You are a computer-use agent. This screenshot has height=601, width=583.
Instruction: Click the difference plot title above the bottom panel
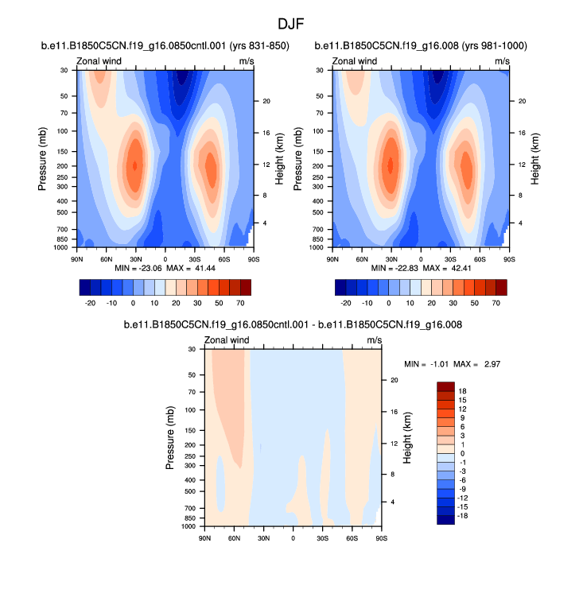click(x=292, y=325)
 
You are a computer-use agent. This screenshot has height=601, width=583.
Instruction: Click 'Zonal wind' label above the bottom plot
click(x=227, y=340)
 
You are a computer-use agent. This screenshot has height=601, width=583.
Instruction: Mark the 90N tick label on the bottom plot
click(x=204, y=538)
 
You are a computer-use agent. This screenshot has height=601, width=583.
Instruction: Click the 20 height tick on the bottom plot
click(x=392, y=380)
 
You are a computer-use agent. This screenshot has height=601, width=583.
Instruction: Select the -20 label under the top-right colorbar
click(x=346, y=303)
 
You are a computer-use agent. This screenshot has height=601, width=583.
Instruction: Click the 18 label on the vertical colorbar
click(x=464, y=390)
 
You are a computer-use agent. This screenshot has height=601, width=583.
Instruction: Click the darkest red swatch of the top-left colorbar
click(x=245, y=286)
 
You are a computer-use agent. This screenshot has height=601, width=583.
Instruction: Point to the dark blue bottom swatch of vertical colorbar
click(x=445, y=519)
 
